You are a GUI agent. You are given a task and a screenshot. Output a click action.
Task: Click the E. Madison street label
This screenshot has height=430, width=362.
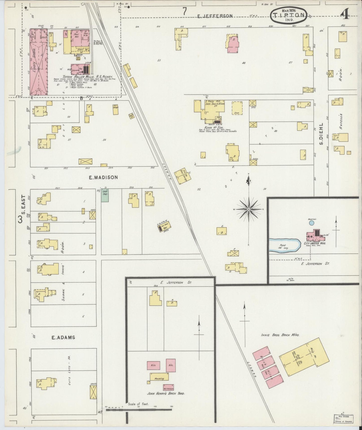(x=103, y=177)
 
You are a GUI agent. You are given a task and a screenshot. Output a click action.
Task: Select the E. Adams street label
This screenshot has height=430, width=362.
(x=63, y=337)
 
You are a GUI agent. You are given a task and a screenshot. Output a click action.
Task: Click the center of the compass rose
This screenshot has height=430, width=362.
(x=249, y=209)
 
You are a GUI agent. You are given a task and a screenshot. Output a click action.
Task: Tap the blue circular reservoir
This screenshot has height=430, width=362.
(x=311, y=223)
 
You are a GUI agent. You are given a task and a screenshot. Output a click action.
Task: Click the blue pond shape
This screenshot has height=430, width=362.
(x=285, y=245)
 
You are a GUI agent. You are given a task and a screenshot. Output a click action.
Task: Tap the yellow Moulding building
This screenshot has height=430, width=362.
(x=159, y=377)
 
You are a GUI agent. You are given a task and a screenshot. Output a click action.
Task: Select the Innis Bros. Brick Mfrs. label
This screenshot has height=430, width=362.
(x=280, y=335)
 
